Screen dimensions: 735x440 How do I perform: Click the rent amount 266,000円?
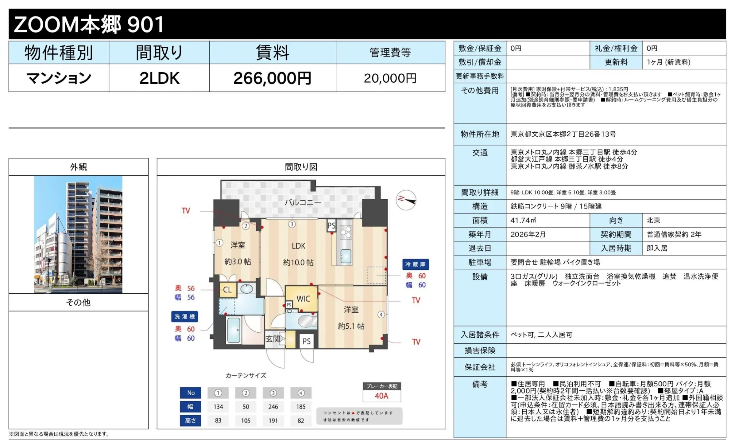pyautogui.click(x=272, y=78)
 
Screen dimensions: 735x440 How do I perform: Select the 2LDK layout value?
pyautogui.click(x=159, y=78)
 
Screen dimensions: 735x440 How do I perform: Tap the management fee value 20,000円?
pyautogui.click(x=390, y=78)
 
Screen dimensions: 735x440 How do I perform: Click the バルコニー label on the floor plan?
pyautogui.click(x=303, y=202)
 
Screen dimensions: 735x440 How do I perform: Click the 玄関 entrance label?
pyautogui.click(x=273, y=339)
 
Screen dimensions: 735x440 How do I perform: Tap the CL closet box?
pyautogui.click(x=227, y=290)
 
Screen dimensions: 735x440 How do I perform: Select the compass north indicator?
pyautogui.click(x=406, y=200)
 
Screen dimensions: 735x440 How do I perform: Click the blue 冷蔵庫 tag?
pyautogui.click(x=415, y=264)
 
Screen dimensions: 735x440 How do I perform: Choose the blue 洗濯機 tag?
pyautogui.click(x=184, y=317)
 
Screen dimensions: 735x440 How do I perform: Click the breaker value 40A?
pyautogui.click(x=381, y=396)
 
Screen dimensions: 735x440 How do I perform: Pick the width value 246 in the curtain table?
pyautogui.click(x=273, y=407)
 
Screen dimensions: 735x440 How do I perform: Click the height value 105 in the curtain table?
pyautogui.click(x=246, y=421)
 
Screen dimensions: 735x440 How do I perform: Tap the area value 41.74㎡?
pyautogui.click(x=523, y=220)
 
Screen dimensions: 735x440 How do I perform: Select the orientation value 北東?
pyautogui.click(x=653, y=220)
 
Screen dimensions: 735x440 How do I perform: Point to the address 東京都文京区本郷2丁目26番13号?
pyautogui.click(x=563, y=134)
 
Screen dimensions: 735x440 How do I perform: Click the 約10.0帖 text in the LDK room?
pyautogui.click(x=298, y=263)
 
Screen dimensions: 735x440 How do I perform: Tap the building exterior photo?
pyautogui.click(x=78, y=234)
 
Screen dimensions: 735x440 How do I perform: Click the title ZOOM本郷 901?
pyautogui.click(x=89, y=24)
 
